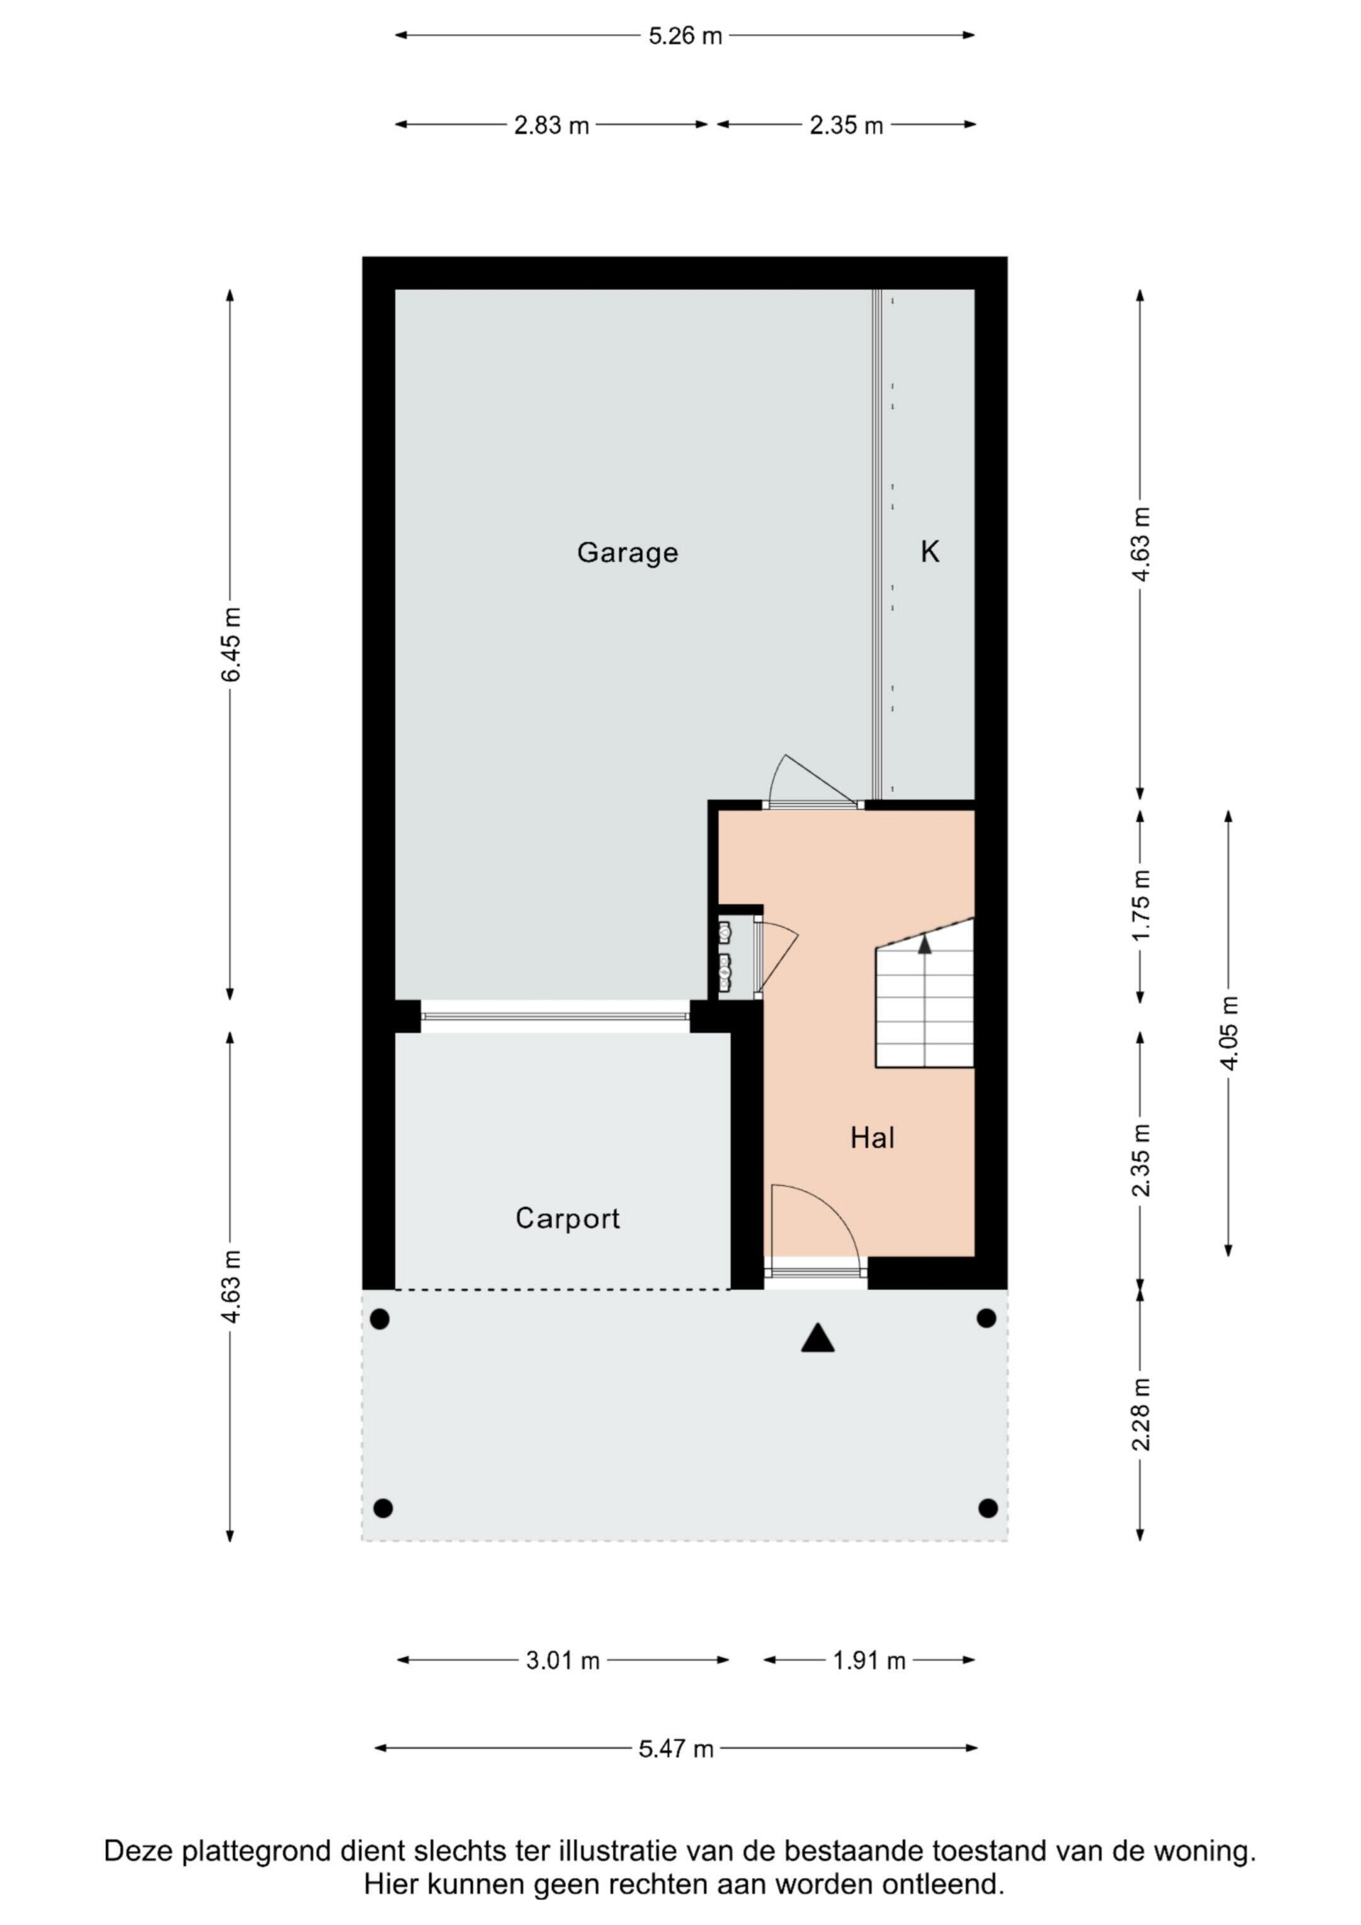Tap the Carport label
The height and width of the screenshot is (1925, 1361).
[x=568, y=1218]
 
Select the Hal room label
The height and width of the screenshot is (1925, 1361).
[x=872, y=1138]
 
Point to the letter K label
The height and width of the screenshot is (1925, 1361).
[x=930, y=552]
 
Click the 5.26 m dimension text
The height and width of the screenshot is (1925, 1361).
[x=685, y=36]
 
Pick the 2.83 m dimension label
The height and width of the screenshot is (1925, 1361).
[x=552, y=126]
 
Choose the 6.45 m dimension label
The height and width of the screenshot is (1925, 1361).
[x=231, y=644]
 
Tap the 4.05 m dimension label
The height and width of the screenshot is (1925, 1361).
[x=1229, y=1033]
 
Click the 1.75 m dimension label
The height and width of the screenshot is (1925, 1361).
[x=1141, y=905]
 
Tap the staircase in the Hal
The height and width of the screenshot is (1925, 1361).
[x=925, y=992]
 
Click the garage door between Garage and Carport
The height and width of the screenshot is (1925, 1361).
[x=555, y=1016]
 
